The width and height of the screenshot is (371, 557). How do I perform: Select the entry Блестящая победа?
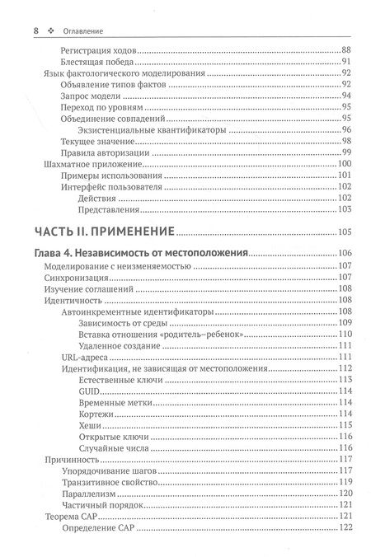(102, 61)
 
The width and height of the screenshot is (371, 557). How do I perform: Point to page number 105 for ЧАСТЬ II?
(345, 231)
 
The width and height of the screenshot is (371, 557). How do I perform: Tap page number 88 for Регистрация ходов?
(346, 49)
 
